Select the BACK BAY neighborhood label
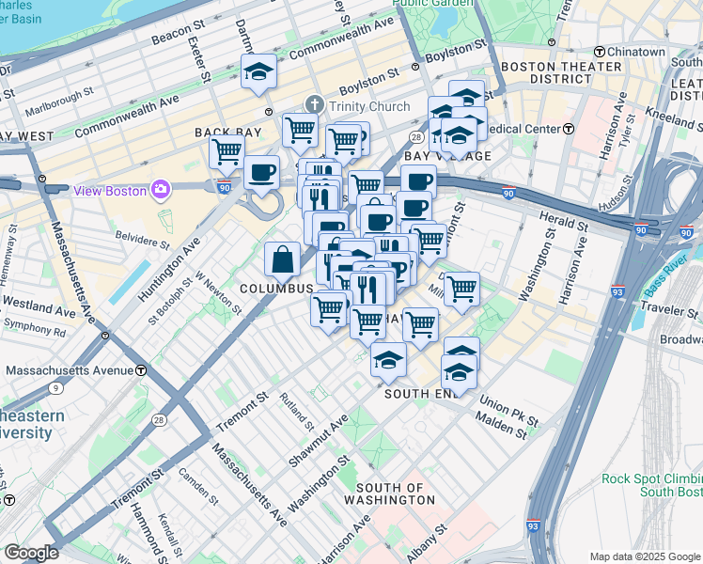coord(221,133)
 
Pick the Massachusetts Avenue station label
coord(70,370)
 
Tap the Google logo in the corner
coord(31,552)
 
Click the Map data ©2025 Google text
coord(645,556)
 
